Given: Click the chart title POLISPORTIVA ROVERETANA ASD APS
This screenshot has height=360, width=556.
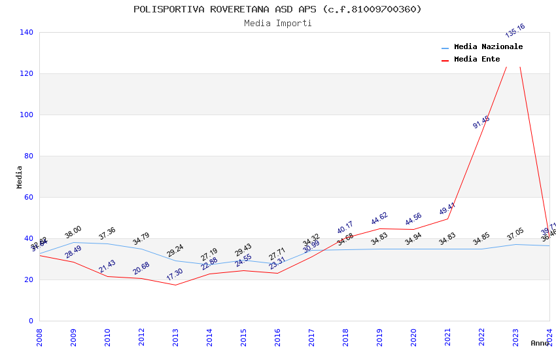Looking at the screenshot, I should click(277, 9).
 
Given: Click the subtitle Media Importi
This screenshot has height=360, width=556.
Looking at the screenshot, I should click(277, 23).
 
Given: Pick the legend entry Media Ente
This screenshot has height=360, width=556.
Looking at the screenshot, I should click(477, 60).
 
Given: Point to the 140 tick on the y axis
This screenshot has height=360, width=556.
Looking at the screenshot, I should click(27, 32).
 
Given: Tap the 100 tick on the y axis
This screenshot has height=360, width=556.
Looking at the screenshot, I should click(27, 115).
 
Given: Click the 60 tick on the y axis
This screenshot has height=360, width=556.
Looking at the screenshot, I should click(29, 197).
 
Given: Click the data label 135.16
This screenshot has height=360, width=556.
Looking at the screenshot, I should click(515, 31).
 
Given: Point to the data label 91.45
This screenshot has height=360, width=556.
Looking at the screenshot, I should click(481, 122).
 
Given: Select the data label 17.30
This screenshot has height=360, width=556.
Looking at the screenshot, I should click(175, 274).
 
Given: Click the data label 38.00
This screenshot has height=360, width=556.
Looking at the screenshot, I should click(73, 232).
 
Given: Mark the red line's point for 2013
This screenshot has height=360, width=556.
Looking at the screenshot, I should click(175, 285).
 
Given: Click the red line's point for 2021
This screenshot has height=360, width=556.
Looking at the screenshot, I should click(447, 219).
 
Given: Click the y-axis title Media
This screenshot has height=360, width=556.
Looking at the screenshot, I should click(19, 177).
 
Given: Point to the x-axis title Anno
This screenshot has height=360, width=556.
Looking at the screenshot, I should click(540, 343).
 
